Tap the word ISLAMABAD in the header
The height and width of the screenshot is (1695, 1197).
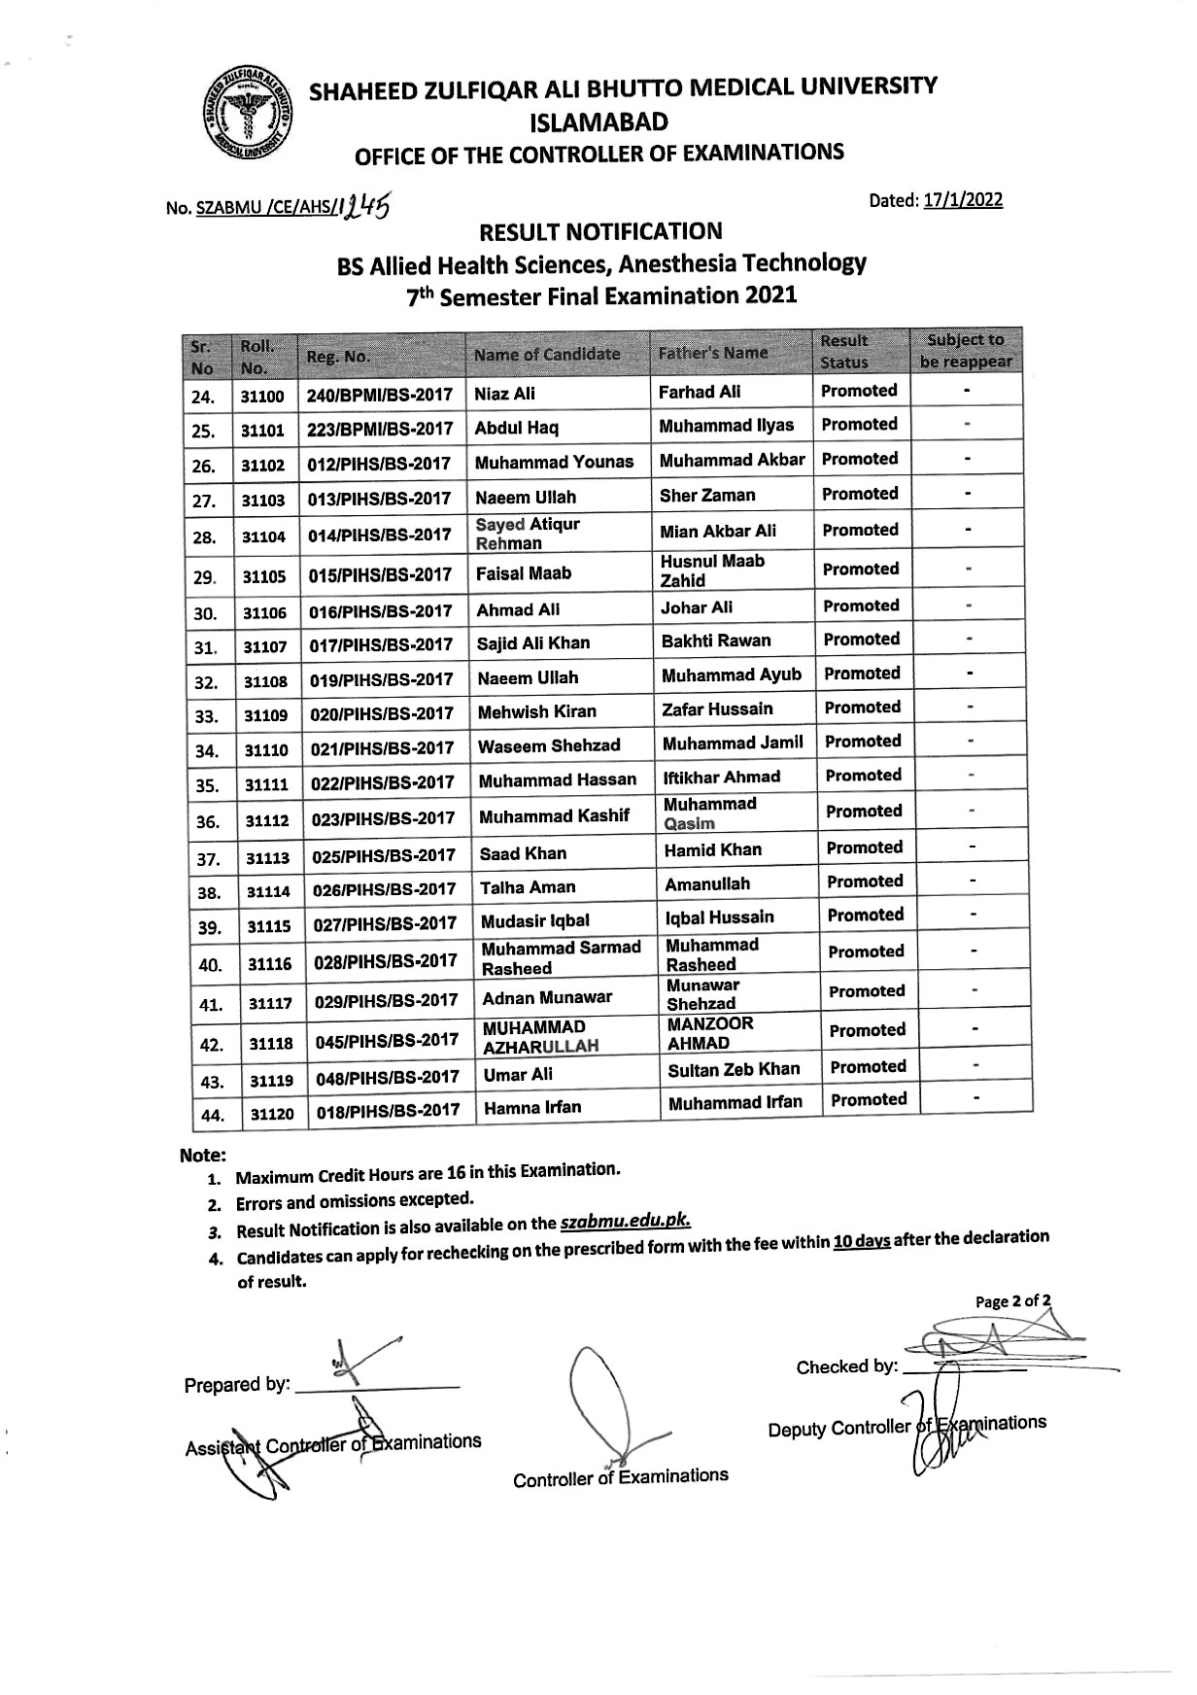[598, 121]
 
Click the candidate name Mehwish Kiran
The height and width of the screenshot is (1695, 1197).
[536, 711]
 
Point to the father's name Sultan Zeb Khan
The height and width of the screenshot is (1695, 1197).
[734, 1069]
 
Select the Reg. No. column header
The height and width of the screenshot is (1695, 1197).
[337, 357]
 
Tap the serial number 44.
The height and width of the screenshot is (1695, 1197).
[211, 1116]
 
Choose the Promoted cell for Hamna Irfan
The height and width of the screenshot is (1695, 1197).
[869, 1099]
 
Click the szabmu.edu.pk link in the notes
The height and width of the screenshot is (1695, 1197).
[626, 1223]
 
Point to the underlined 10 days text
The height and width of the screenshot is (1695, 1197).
[861, 1241]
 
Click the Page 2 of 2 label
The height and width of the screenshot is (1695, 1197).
[1012, 1300]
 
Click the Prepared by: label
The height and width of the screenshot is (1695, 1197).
[236, 1385]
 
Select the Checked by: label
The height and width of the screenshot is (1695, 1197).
[845, 1366]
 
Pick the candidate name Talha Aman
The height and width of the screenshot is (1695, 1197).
[528, 886]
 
